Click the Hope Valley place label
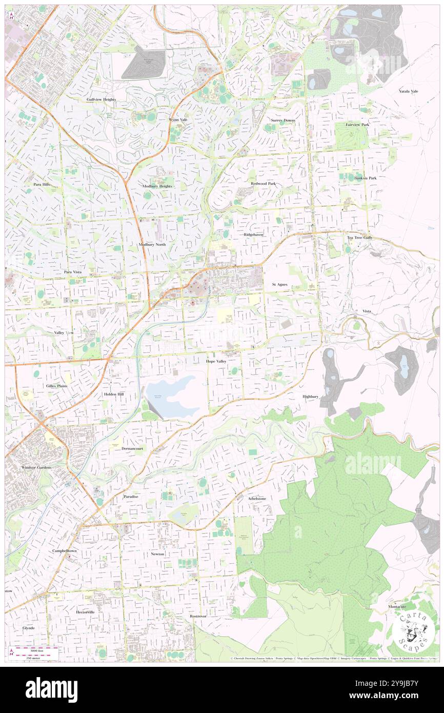coord(216,362)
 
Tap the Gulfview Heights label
coord(101,99)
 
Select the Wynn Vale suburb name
coord(178,120)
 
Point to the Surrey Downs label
coord(283,120)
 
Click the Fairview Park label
coord(357,125)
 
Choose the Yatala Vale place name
coord(409,91)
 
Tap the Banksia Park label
coord(365,178)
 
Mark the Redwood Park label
coord(263,183)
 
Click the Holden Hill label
coord(114,394)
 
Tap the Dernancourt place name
coord(132,448)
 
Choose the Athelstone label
coord(257,498)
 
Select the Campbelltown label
coord(64,550)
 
